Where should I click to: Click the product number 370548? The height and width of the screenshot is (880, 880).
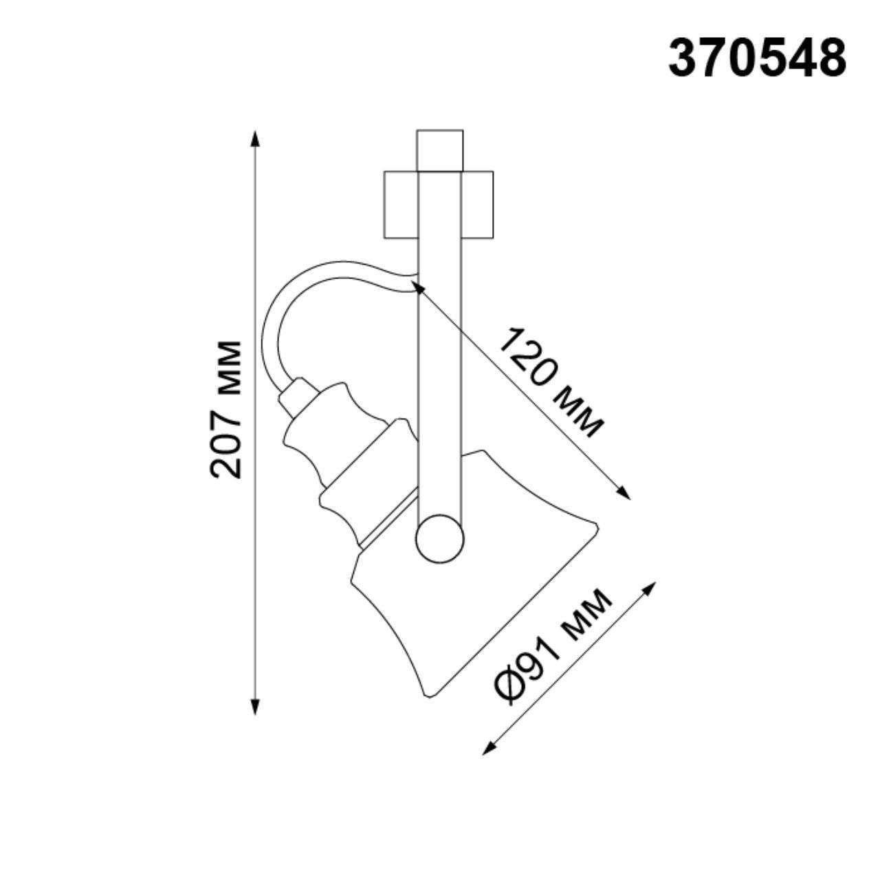757,58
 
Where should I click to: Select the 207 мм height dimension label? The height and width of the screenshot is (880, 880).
227,408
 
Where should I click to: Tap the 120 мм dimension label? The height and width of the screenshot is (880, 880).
550,382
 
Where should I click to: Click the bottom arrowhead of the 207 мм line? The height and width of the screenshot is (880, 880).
256,707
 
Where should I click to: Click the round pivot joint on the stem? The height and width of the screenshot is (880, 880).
440,539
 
